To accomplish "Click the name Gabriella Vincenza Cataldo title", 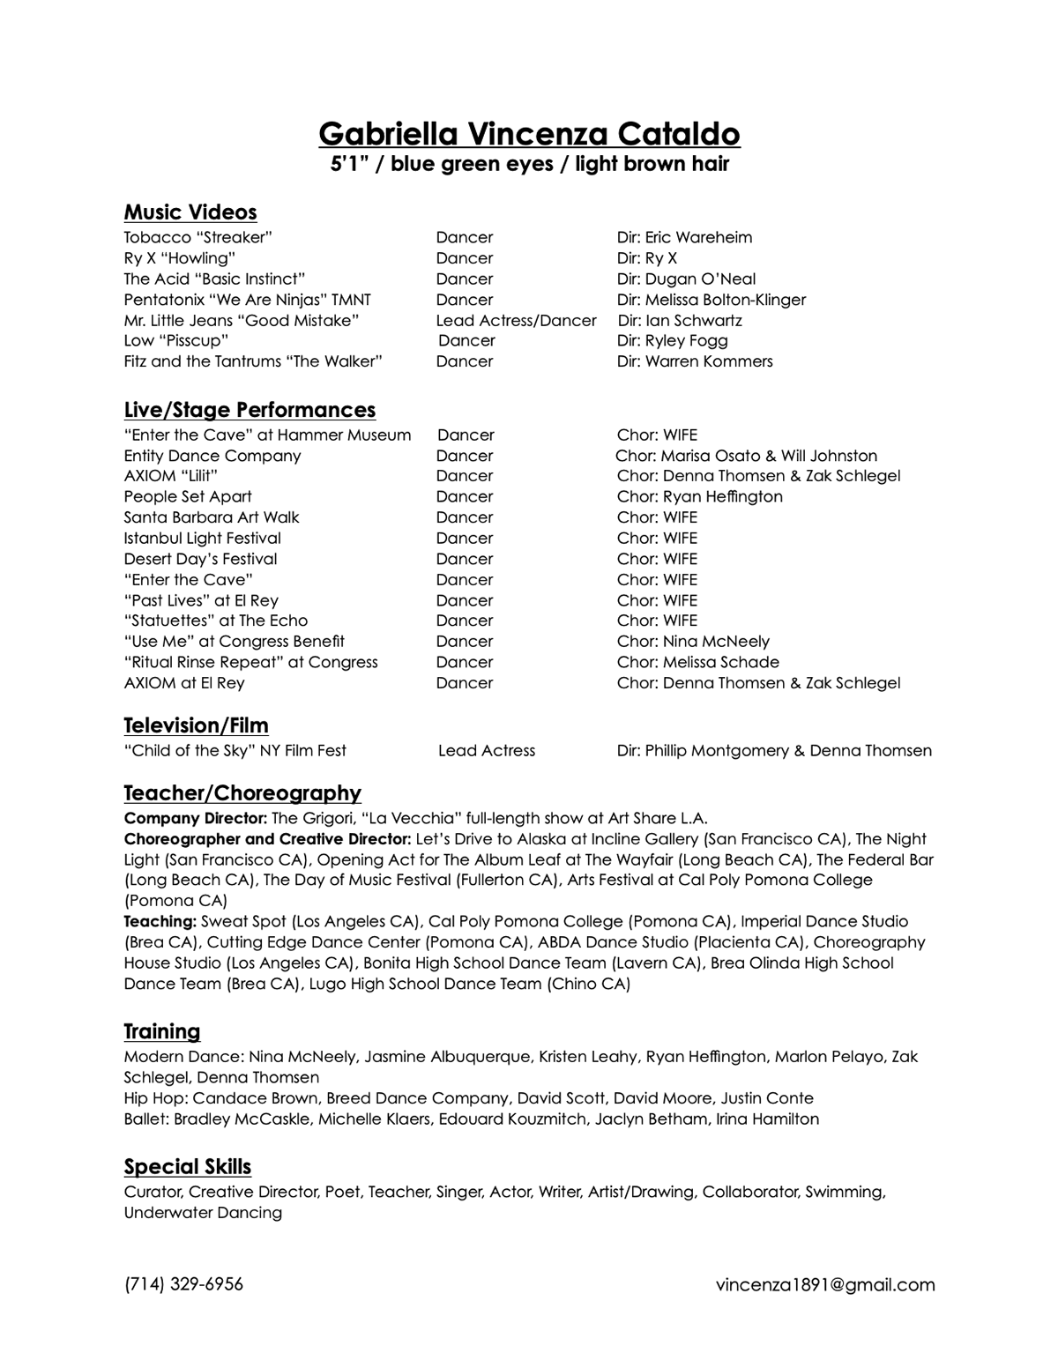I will pos(529,134).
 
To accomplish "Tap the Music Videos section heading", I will pos(190,212).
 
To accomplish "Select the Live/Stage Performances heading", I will pos(250,410).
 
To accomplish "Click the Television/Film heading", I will pos(196,725).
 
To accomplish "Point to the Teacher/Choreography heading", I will pos(242,793).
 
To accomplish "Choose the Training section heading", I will pos(162,1031).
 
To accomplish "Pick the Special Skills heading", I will pos(188,1167).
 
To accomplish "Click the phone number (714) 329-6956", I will pos(183,1284).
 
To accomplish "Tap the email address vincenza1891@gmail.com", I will pos(825,1285).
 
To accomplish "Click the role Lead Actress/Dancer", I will pos(516,321).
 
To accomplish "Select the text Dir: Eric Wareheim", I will pos(684,237).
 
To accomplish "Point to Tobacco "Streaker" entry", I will pos(198,237).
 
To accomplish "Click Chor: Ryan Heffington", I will pos(699,496).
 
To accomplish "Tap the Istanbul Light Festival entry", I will pos(203,538).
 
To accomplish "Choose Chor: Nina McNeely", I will pos(693,642).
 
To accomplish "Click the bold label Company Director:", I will pos(196,818).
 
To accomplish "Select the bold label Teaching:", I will pos(160,921).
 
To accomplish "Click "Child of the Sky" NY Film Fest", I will pos(235,751).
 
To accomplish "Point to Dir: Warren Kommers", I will pos(695,361).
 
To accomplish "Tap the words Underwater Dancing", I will pos(203,1213).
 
